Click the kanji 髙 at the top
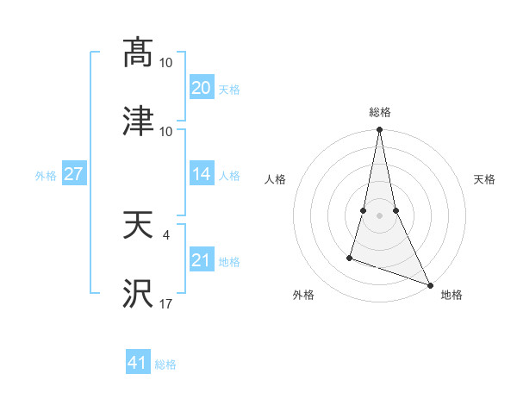[138, 53]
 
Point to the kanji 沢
[138, 294]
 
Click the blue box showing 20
[201, 87]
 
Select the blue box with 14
[201, 174]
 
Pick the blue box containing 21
[201, 260]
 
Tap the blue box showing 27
[73, 174]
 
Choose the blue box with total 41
[137, 363]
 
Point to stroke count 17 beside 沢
[166, 302]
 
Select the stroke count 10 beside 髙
[166, 62]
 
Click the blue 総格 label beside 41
[165, 364]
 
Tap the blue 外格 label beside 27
[46, 175]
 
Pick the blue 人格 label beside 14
[229, 175]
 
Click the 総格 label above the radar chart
[380, 112]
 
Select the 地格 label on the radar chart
[452, 295]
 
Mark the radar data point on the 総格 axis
[379, 131]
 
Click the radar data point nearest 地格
[429, 283]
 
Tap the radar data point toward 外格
[350, 257]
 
